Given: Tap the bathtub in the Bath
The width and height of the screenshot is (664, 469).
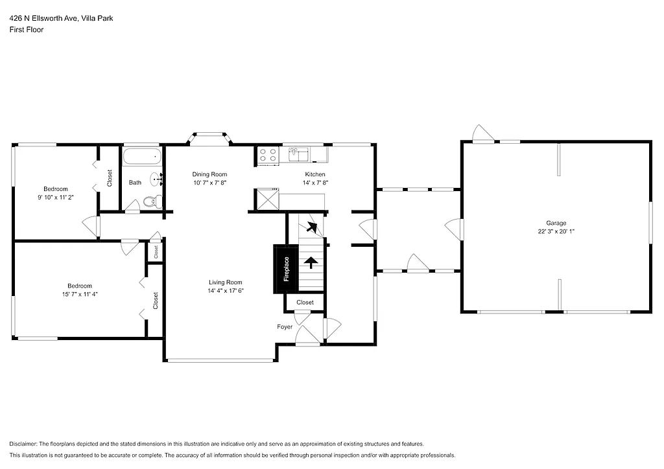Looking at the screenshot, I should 141,157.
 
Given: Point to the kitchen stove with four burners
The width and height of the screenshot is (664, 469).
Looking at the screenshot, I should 268,155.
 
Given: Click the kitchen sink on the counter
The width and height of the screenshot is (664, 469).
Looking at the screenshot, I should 299,154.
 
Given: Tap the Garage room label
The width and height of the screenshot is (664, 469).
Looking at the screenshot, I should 556,223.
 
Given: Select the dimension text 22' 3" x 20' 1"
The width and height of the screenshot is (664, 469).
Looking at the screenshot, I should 556,231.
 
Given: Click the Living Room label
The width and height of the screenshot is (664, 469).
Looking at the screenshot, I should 226,282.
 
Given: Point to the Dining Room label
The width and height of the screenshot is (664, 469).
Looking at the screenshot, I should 209,174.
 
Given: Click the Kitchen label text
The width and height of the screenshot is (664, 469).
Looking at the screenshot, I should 315,174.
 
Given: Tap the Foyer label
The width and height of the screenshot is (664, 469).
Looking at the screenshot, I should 285,327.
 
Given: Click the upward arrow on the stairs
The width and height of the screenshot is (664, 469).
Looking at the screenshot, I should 311,262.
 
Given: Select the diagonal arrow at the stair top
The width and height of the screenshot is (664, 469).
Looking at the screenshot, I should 313,227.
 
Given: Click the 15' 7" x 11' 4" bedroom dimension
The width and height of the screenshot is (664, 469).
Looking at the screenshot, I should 80,294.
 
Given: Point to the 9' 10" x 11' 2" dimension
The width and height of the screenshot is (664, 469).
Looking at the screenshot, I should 56,198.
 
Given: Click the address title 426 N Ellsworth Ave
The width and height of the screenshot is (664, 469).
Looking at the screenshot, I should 61,19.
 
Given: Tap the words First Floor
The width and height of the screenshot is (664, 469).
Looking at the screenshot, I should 27,30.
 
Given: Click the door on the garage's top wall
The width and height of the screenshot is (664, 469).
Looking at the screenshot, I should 483,135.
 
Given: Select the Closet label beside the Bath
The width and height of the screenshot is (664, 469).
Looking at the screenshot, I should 110,178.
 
